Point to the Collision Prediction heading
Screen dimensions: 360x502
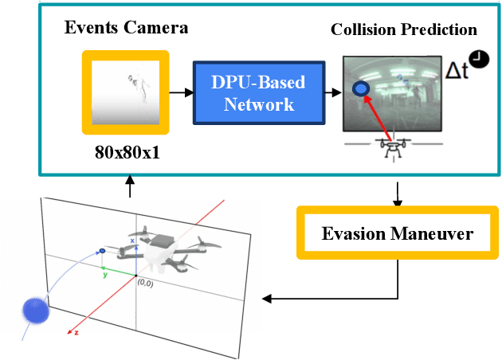(x=403, y=29)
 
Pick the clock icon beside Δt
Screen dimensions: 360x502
(x=479, y=57)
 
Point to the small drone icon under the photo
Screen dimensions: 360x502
(x=391, y=149)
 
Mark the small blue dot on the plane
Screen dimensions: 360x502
(x=102, y=251)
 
